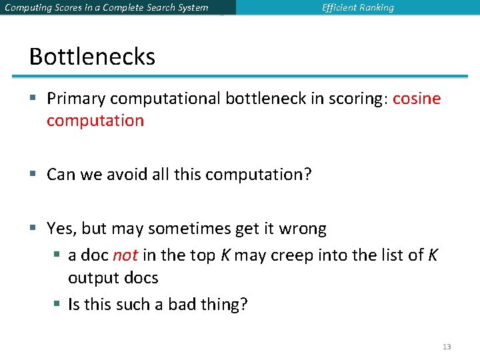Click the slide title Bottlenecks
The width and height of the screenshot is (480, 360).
click(x=92, y=57)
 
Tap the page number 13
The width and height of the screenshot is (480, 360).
click(x=446, y=347)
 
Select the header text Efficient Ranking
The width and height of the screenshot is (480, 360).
click(x=357, y=8)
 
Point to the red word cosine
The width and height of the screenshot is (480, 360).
click(x=417, y=99)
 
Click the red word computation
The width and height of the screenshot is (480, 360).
click(x=95, y=121)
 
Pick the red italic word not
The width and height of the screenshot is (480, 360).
click(x=125, y=255)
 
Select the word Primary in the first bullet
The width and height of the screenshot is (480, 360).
click(x=76, y=99)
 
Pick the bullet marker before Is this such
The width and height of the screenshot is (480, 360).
click(x=59, y=305)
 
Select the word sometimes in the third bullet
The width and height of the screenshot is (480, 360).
click(x=191, y=229)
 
